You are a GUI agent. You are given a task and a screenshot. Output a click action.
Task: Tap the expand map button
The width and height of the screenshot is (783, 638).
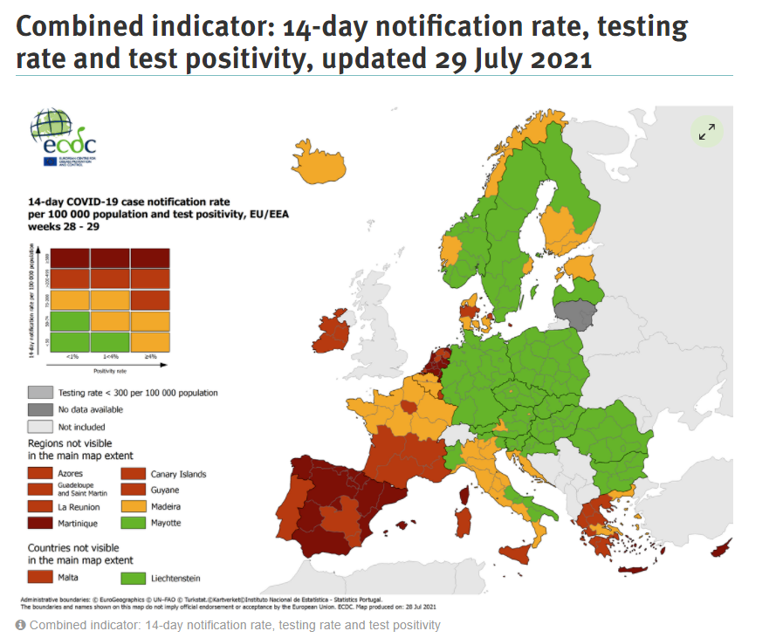[x=706, y=132]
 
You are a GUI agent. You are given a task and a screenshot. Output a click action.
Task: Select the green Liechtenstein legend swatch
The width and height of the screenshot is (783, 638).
[x=133, y=577]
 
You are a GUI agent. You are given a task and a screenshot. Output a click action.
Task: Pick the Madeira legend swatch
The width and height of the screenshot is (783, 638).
[x=133, y=506]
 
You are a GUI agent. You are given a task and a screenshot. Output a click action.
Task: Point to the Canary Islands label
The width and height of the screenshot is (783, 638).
[x=178, y=474]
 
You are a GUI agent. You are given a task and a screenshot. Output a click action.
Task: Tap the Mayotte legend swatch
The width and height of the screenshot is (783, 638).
[x=133, y=523]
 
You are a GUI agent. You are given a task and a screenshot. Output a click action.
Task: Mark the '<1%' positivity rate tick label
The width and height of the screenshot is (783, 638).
[x=72, y=357]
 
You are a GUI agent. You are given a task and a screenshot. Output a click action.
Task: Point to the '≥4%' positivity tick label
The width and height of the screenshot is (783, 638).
[x=150, y=357]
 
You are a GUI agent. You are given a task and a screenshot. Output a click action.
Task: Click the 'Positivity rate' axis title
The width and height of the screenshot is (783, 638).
[x=109, y=369]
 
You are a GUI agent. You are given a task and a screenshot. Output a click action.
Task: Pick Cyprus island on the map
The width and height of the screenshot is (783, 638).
[x=722, y=549]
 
